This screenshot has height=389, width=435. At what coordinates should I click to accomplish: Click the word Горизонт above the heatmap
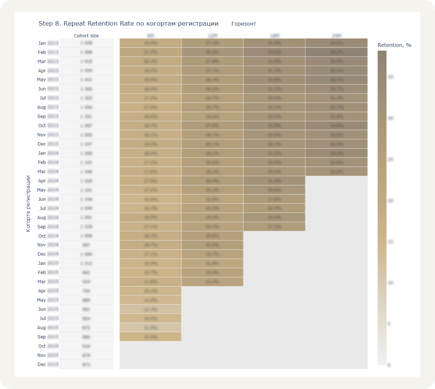click(243, 24)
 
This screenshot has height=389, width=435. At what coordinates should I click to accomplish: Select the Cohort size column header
click(86, 36)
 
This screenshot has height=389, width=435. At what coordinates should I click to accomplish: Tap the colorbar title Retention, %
click(394, 45)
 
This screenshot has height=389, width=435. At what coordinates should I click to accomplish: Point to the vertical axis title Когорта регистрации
click(28, 203)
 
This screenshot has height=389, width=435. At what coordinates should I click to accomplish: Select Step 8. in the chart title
click(50, 24)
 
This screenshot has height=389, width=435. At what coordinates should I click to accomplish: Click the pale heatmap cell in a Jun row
click(150, 309)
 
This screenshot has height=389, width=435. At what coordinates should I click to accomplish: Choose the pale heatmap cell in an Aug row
click(150, 327)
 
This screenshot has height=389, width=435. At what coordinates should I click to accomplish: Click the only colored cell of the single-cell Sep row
click(150, 337)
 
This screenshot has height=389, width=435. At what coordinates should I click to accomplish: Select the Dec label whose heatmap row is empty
click(42, 364)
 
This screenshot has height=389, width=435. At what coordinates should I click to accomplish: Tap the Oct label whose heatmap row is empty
click(42, 346)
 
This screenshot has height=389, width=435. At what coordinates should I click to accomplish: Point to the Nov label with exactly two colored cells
click(42, 245)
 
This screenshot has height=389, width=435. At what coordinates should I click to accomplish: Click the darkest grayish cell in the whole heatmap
click(336, 52)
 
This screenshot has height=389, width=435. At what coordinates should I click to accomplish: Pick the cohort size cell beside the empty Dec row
click(86, 364)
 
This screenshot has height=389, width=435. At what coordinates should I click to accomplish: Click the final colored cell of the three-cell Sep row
click(274, 226)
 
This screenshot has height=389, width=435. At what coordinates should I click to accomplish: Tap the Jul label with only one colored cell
click(43, 318)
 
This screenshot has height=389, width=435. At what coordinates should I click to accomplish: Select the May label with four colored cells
click(41, 80)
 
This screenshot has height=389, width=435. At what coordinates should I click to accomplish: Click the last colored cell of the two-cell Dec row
click(212, 254)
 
